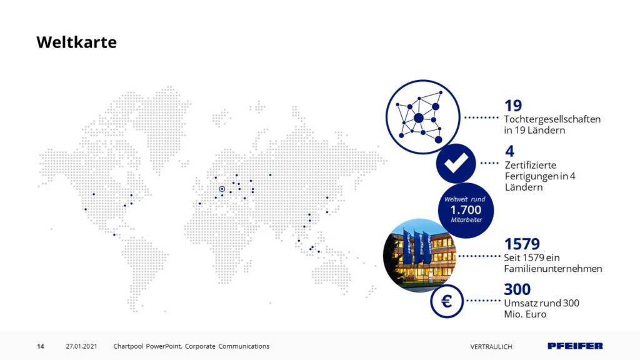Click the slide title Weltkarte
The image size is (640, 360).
click(76, 42)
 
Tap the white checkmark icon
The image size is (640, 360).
click(456, 163)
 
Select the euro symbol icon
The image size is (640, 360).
click(446, 301)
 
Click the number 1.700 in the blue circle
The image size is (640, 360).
click(466, 210)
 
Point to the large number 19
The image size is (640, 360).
click(513, 106)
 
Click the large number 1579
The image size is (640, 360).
click(522, 244)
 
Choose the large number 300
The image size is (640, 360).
click(517, 289)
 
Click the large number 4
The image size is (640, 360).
click(509, 151)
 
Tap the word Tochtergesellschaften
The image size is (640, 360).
click(552, 119)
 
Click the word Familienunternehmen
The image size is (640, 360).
click(553, 269)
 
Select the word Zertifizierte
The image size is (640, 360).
click(531, 165)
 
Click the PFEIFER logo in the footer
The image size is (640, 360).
click(575, 346)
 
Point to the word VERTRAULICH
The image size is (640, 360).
click(491, 346)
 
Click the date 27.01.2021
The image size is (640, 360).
click(82, 346)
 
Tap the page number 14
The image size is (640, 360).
click(41, 346)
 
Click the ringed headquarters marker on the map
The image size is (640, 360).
click(222, 189)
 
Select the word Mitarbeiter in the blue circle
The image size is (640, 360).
click(466, 219)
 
